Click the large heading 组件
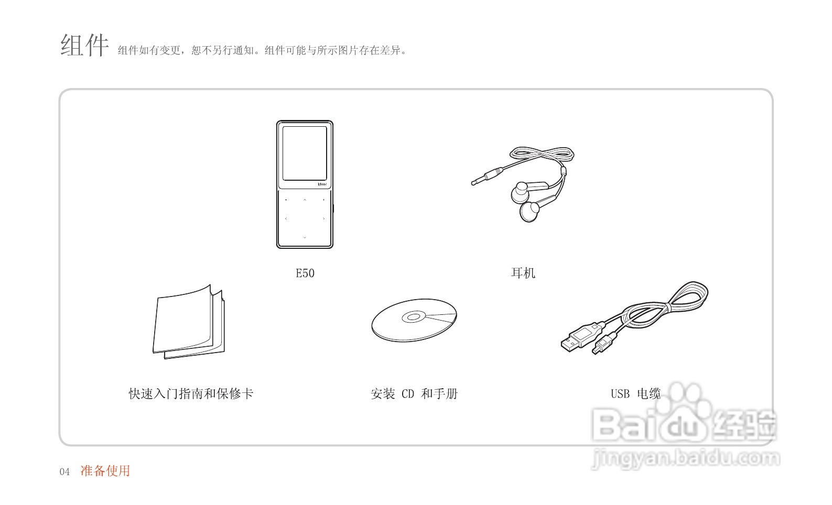84,45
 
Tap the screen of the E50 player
305,152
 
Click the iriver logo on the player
322,184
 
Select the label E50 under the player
305,273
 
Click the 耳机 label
523,273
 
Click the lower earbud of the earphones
530,211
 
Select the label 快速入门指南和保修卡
191,393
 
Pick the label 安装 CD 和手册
414,393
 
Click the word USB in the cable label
620,393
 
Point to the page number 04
64,472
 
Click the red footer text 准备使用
105,471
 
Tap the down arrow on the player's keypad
305,238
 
